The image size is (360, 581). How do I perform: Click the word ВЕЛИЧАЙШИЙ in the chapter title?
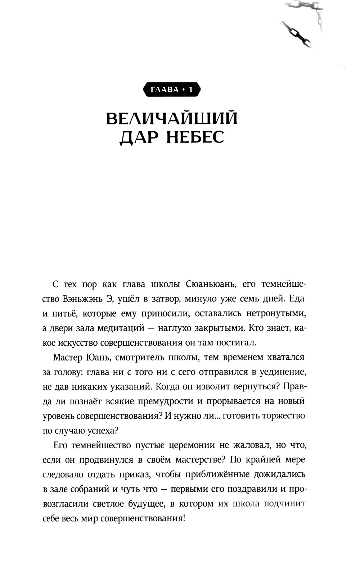pos(172,119)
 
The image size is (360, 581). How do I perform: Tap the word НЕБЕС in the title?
pos(195,137)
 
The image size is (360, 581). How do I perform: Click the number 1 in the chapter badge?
pos(191,90)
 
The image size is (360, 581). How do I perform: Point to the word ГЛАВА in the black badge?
pos(165,90)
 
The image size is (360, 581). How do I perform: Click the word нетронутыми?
pos(276,313)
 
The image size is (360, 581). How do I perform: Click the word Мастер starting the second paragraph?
pos(68,357)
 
